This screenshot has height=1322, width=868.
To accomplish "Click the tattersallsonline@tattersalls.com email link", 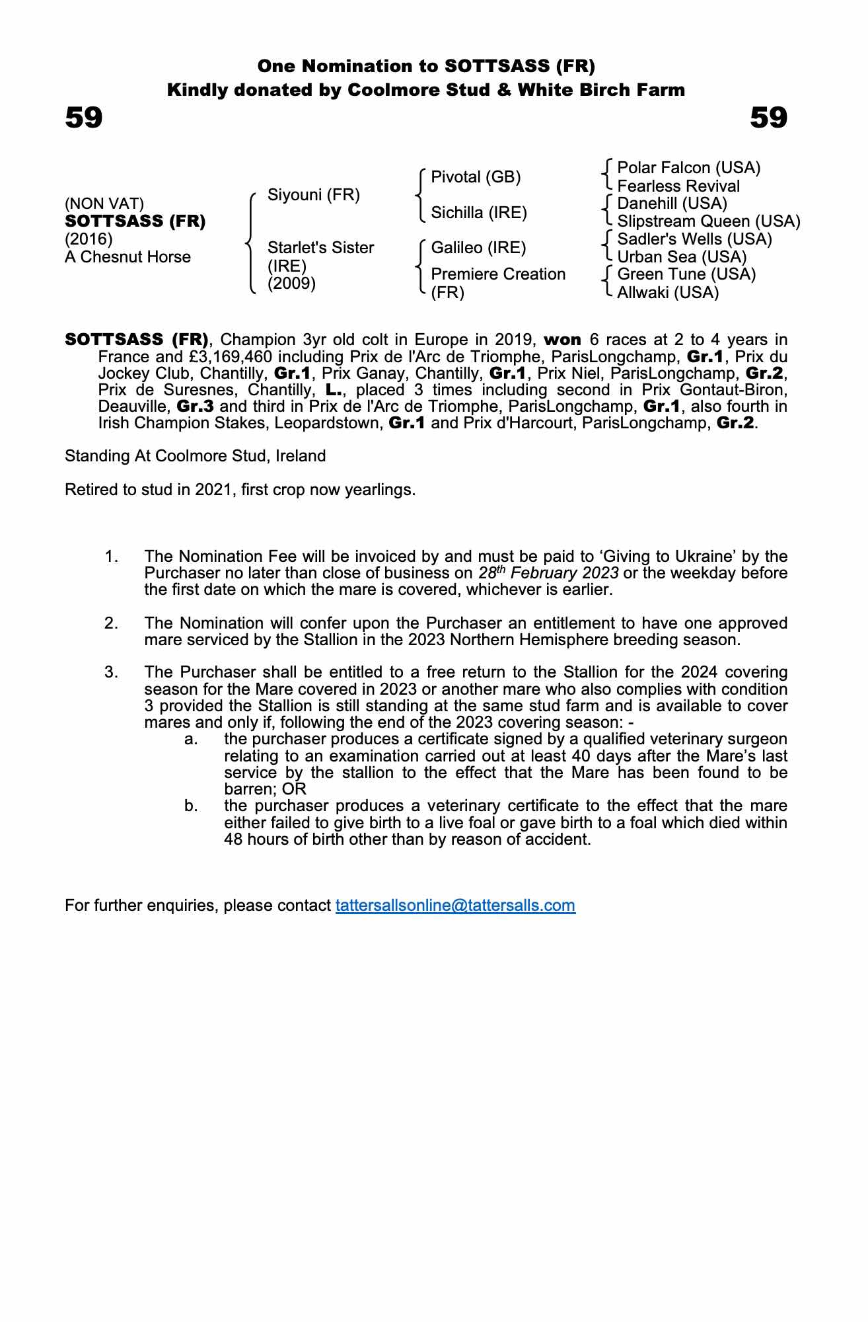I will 455,905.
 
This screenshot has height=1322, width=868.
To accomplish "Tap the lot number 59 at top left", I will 84,118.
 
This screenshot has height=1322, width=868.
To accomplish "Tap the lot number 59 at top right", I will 769,118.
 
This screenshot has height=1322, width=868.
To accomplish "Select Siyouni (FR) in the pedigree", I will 313,195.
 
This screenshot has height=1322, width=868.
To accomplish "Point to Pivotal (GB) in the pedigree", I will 476,177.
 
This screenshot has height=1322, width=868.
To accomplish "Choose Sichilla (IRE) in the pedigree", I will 479,212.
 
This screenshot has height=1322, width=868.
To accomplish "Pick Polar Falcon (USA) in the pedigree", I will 688,168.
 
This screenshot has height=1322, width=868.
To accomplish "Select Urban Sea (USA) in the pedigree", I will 682,256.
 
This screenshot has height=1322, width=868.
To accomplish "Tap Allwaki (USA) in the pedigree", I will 667,292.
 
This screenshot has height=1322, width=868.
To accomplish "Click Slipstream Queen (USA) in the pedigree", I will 708,221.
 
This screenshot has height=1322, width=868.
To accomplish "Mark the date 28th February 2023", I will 548,572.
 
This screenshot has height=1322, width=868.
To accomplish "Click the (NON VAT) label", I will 104,204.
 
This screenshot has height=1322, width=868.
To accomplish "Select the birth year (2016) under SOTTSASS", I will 89,239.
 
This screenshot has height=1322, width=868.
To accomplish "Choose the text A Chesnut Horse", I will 127,256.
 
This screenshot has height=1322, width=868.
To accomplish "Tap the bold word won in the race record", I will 562,340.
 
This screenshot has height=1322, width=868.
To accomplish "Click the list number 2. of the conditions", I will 112,623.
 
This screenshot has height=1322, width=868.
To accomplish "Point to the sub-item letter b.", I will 192,806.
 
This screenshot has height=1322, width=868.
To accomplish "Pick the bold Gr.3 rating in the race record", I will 195,406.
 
